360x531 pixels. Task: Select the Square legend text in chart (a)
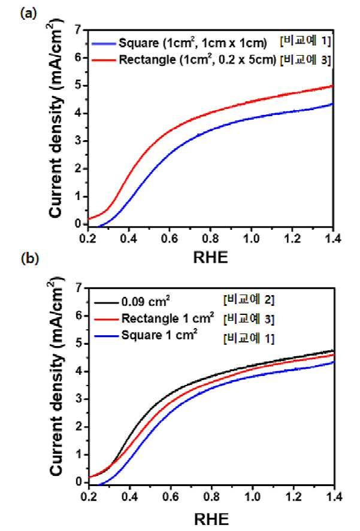(x=192, y=43)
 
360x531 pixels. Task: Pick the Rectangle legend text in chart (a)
(x=197, y=60)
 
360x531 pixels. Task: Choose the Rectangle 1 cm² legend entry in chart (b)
(x=168, y=318)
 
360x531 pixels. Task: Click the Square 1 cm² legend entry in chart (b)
(x=159, y=335)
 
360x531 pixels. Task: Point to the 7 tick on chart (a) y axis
(x=78, y=30)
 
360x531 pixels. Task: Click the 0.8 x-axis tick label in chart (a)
(x=210, y=238)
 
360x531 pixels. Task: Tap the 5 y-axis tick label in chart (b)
(x=78, y=344)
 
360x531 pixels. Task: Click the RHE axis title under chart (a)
(x=210, y=257)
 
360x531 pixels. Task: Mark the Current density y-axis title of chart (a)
(x=57, y=123)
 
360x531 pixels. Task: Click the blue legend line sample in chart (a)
(x=104, y=43)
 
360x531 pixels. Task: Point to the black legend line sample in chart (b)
(x=107, y=301)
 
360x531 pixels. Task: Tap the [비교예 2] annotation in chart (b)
(x=249, y=300)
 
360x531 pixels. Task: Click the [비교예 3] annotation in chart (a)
(x=305, y=59)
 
